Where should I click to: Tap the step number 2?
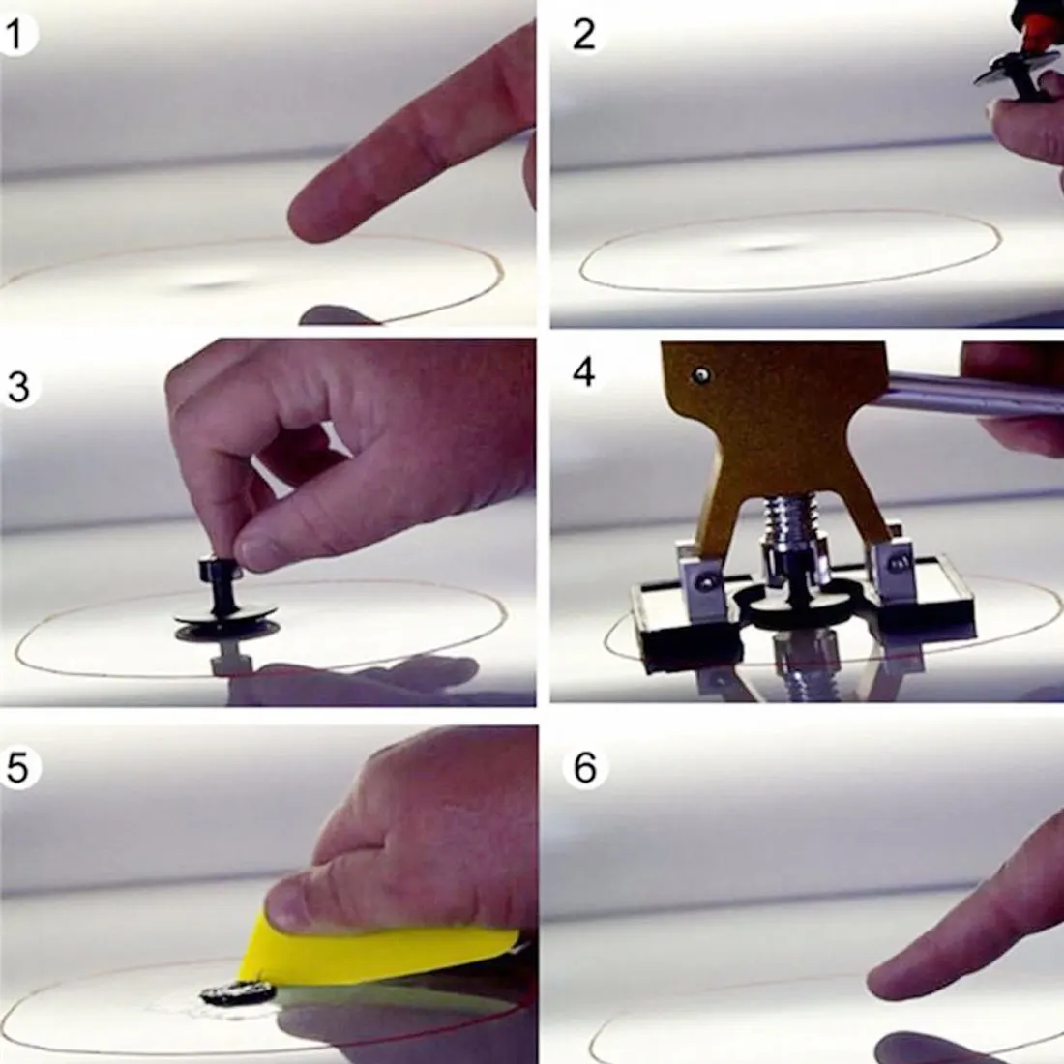coord(583,34)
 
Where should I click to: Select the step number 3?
coord(18,388)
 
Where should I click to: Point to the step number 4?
coord(583,371)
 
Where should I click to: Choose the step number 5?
coord(17,768)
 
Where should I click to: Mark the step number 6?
coord(585,768)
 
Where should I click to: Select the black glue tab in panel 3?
coord(225,598)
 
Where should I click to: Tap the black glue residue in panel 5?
coord(238,993)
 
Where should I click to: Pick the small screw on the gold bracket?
coord(700,374)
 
